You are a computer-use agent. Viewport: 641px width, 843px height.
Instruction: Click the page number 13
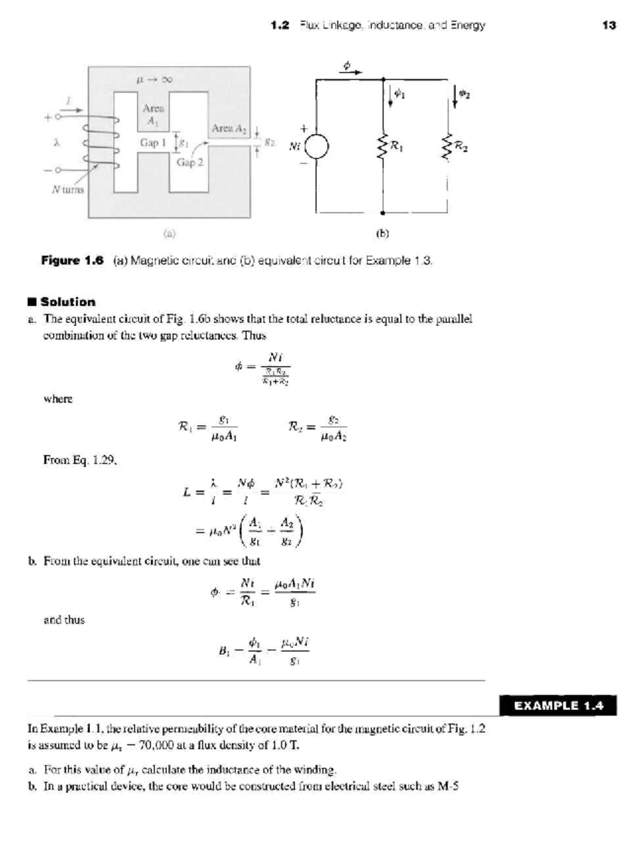click(x=608, y=25)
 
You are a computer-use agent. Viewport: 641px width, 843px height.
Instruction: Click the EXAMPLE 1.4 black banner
click(x=558, y=706)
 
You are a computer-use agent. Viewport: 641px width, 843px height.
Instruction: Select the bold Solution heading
click(x=68, y=301)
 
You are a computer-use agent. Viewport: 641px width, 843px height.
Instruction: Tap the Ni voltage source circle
click(x=316, y=146)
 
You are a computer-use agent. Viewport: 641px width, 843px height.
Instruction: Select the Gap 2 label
click(x=190, y=162)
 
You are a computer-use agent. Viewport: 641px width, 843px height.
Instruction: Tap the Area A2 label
click(x=229, y=128)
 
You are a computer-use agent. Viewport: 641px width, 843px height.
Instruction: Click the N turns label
click(x=68, y=189)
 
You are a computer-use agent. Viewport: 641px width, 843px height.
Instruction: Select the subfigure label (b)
click(x=382, y=233)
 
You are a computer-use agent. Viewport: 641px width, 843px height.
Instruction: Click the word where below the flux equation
click(x=58, y=399)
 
